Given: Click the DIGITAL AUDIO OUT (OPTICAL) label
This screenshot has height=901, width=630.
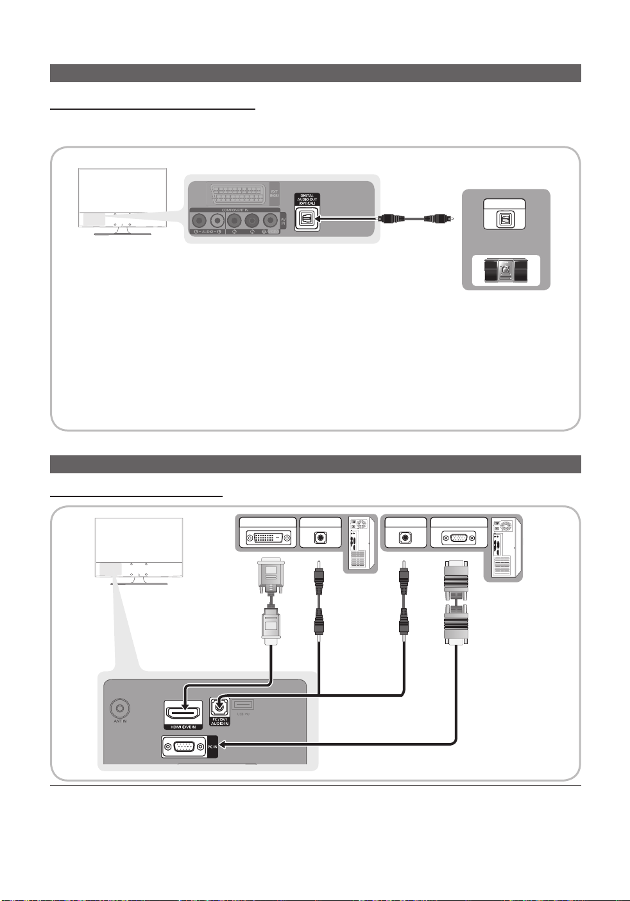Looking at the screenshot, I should (308, 199).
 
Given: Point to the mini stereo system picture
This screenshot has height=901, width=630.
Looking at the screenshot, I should (506, 271).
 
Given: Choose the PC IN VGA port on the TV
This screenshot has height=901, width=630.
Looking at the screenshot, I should (184, 746).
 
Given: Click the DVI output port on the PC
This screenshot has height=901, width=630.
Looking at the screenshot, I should (268, 538).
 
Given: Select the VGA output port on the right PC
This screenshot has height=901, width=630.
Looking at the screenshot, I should (459, 538).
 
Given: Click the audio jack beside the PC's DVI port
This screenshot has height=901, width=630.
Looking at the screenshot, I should (320, 538).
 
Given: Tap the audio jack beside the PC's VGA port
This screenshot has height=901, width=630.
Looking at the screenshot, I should (405, 538).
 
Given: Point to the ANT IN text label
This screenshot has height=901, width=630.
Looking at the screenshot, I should (120, 722).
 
